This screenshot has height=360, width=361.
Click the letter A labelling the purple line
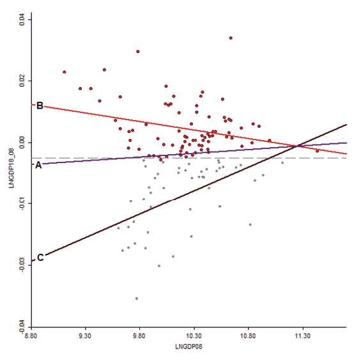(x=38, y=165)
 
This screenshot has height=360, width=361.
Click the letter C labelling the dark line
(x=40, y=258)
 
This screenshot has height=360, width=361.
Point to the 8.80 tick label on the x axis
(x=31, y=336)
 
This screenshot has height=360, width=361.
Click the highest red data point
(x=231, y=38)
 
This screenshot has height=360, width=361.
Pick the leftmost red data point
(x=65, y=72)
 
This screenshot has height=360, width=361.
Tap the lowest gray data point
(x=137, y=299)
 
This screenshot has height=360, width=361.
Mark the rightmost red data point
(x=318, y=151)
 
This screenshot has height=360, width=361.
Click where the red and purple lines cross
(x=298, y=146)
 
